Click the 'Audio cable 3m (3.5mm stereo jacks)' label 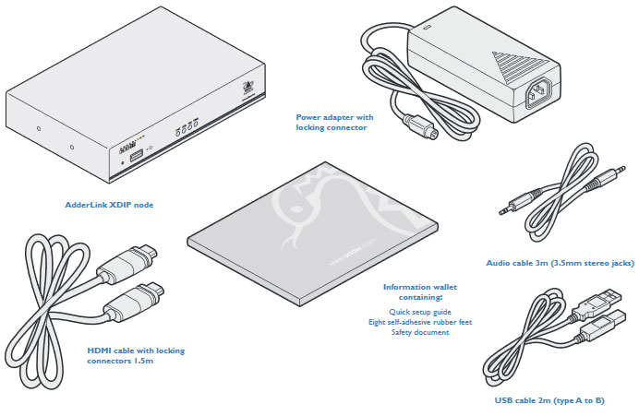click(560, 263)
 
